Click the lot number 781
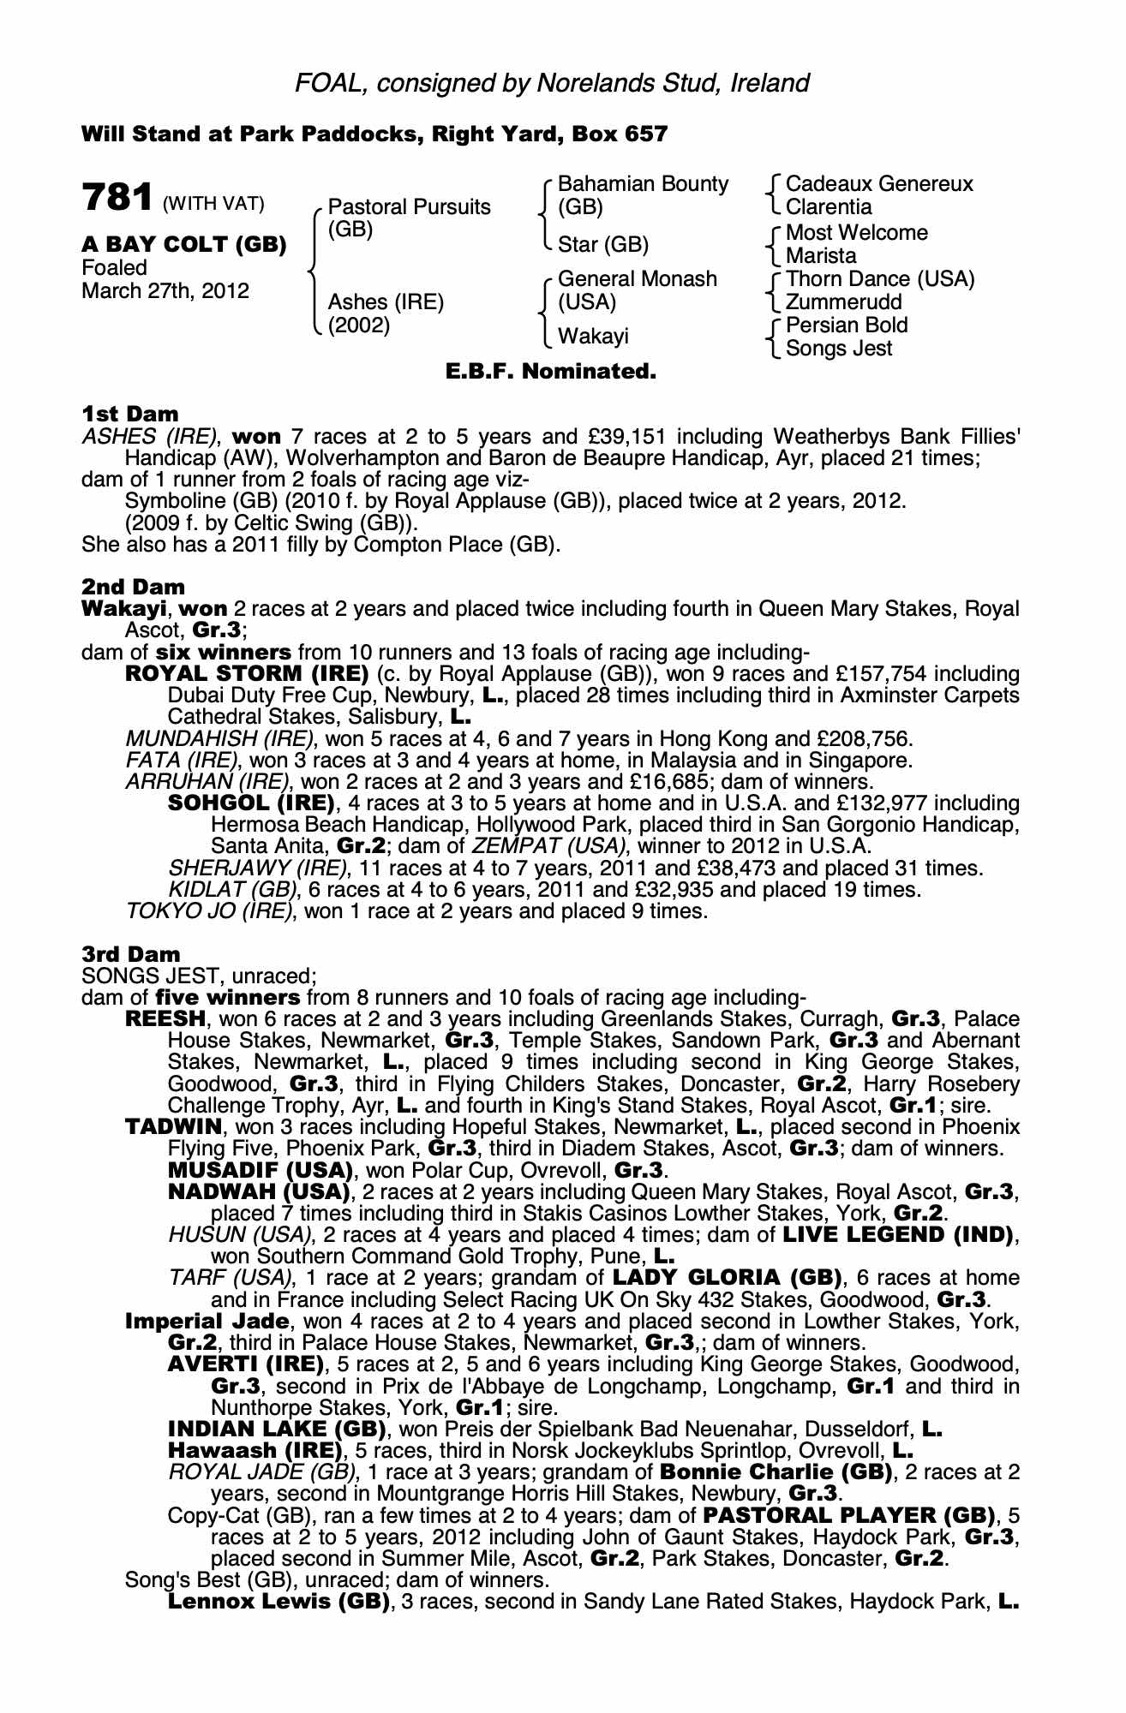[x=117, y=198]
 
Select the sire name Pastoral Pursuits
[x=410, y=207]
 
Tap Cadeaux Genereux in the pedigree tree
[x=879, y=184]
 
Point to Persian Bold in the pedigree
[x=847, y=325]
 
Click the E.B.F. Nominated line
[x=550, y=372]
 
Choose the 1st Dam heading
[x=130, y=415]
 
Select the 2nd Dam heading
[x=133, y=587]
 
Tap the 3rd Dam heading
[x=131, y=954]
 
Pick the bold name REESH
[x=165, y=1019]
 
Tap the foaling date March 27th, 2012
[x=165, y=291]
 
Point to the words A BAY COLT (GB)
[x=183, y=245]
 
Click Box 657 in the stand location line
[x=620, y=134]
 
